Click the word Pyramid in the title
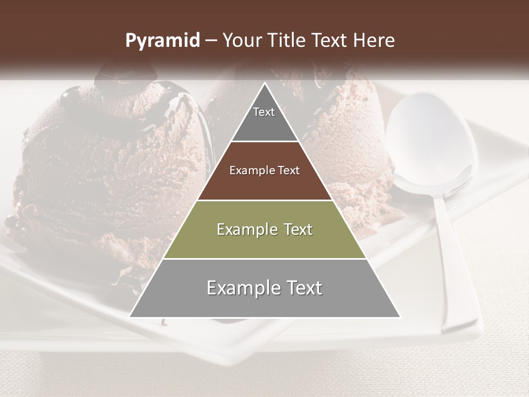(162, 41)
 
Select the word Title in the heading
(287, 41)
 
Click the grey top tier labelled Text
(264, 119)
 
